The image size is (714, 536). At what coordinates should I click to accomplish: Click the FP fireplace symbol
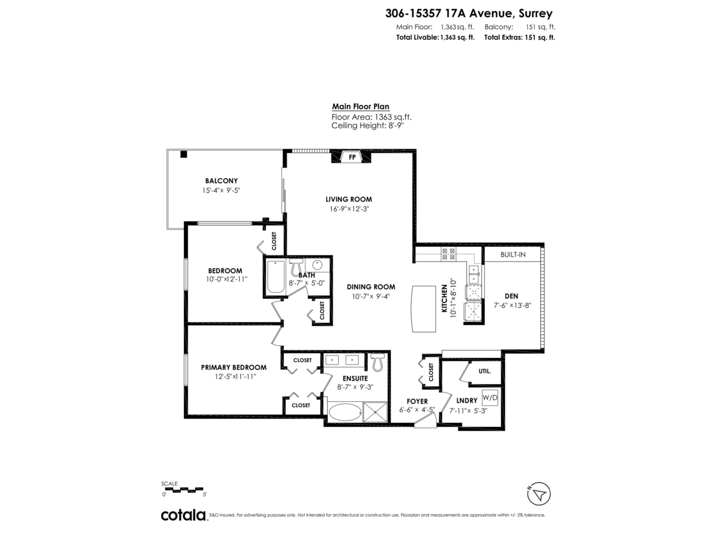click(352, 158)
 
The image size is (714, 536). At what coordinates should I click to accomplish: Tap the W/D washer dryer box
click(490, 397)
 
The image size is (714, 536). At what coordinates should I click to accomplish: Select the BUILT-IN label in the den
click(512, 254)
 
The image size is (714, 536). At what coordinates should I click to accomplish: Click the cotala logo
click(183, 515)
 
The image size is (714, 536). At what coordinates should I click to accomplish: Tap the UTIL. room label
click(484, 371)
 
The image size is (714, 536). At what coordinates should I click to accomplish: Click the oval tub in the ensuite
click(345, 412)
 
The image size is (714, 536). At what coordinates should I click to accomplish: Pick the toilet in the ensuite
click(377, 362)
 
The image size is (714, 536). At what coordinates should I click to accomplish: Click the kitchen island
click(424, 309)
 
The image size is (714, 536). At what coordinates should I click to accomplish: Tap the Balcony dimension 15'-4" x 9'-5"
click(221, 191)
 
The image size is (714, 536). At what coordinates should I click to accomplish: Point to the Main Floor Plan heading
click(361, 107)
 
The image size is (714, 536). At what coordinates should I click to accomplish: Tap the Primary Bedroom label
click(233, 367)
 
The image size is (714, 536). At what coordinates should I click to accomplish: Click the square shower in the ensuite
click(375, 412)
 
